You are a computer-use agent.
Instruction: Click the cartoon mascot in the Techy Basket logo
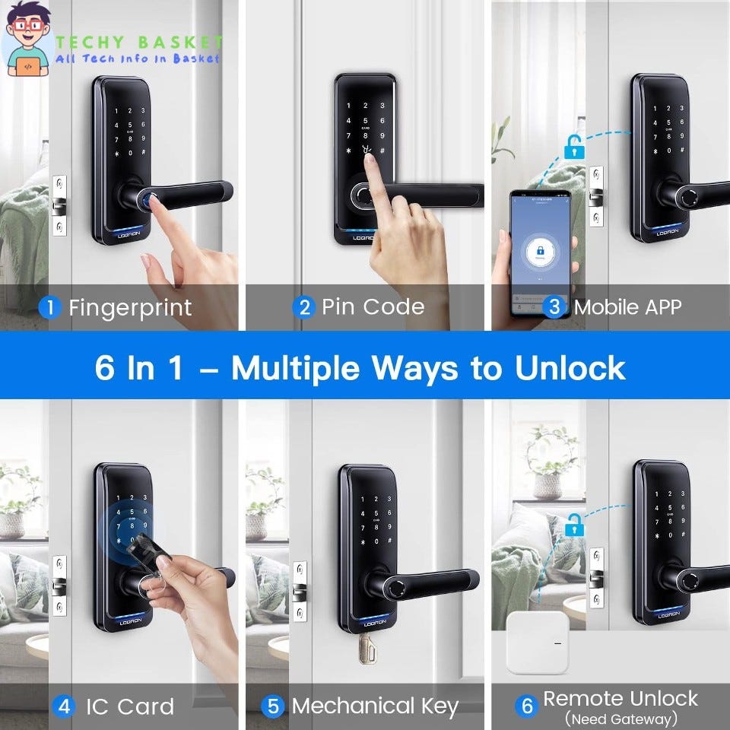[x=28, y=40]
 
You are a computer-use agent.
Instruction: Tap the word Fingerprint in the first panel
[x=130, y=308]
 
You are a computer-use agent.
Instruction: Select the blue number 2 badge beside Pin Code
[x=305, y=307]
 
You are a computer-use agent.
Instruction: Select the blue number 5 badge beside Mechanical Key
[x=272, y=706]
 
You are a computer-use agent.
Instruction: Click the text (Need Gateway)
[x=620, y=719]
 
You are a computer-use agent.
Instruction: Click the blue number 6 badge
[x=527, y=706]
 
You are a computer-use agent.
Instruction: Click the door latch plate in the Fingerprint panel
[x=59, y=206]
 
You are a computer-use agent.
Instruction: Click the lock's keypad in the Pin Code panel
[x=366, y=130]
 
